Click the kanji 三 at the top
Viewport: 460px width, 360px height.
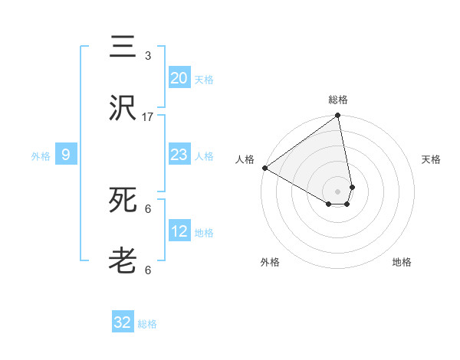click(123, 47)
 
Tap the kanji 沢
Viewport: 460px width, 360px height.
click(123, 109)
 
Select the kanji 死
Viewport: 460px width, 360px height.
click(123, 201)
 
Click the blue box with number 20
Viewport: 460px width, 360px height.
click(179, 78)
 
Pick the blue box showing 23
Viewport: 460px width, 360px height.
click(179, 155)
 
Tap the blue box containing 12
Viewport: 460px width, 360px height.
click(179, 231)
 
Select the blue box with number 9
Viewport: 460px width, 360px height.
click(66, 155)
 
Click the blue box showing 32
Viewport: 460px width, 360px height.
click(123, 322)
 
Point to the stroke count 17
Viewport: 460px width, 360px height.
click(148, 116)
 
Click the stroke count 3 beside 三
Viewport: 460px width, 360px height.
click(148, 55)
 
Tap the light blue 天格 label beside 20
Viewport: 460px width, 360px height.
click(204, 79)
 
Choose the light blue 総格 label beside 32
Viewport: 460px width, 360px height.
click(147, 323)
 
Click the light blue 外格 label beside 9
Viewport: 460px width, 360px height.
click(41, 155)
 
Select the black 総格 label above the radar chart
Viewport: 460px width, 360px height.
click(338, 100)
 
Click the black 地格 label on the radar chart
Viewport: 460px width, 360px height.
click(402, 262)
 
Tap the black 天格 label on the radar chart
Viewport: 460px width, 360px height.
click(431, 159)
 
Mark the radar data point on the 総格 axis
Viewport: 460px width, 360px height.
click(337, 116)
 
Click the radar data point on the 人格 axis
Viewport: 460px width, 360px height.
click(264, 168)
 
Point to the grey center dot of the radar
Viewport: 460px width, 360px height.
click(337, 191)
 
